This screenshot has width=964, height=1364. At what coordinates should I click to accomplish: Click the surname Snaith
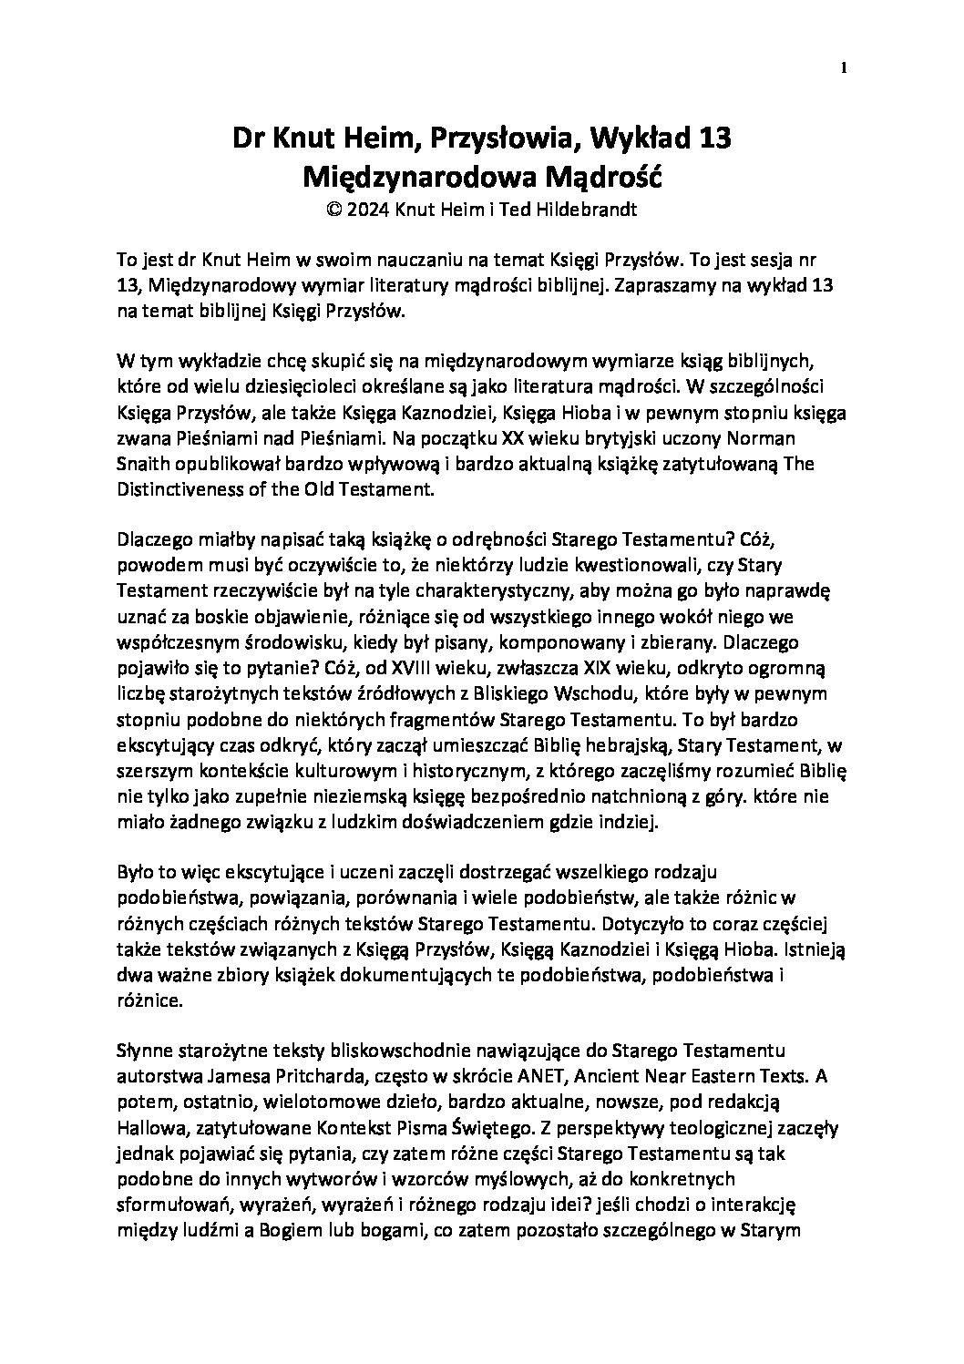point(143,464)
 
